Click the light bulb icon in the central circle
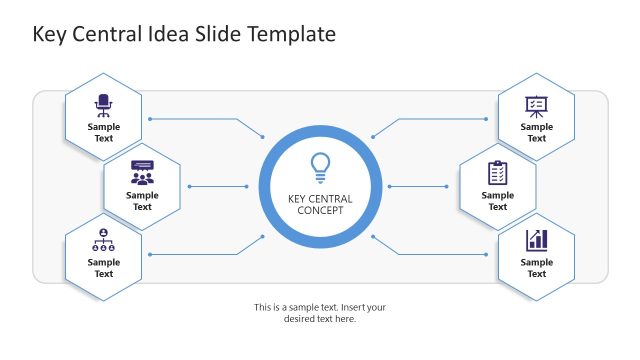(320, 167)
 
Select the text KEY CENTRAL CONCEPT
(320, 204)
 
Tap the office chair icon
(104, 105)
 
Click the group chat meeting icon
(143, 172)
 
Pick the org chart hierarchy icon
(104, 240)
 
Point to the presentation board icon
(537, 105)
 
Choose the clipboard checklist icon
(497, 172)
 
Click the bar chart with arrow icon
(537, 240)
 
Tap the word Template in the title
(289, 35)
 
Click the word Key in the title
(49, 35)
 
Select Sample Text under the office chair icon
(104, 133)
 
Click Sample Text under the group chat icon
(143, 201)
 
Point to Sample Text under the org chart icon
(104, 268)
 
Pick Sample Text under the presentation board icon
(537, 133)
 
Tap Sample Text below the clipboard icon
(497, 201)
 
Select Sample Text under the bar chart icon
(537, 268)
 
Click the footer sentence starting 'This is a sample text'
(320, 313)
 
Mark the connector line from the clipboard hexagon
(420, 186)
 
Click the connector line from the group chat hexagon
(218, 186)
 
